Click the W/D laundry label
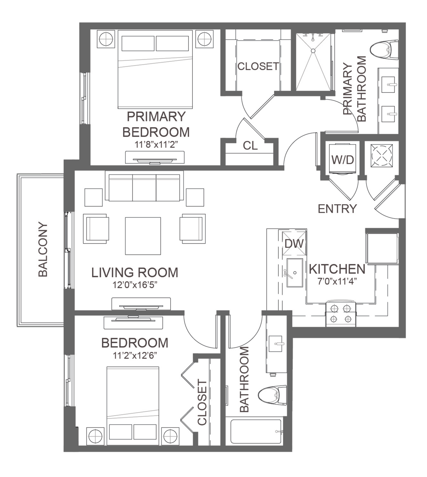(343, 160)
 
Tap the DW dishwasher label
(294, 243)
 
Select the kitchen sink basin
(294, 273)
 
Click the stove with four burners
(341, 314)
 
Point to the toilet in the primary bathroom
(384, 49)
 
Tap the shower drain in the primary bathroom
(313, 51)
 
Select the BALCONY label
(43, 249)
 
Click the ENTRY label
(337, 209)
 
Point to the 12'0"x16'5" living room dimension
(135, 285)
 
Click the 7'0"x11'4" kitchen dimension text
(337, 281)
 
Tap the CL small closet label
(250, 146)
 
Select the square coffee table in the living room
(143, 236)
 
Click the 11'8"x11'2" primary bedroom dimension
(156, 144)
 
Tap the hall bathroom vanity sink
(275, 344)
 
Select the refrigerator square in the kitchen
(382, 248)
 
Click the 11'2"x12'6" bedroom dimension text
(135, 355)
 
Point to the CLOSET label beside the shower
(258, 66)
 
